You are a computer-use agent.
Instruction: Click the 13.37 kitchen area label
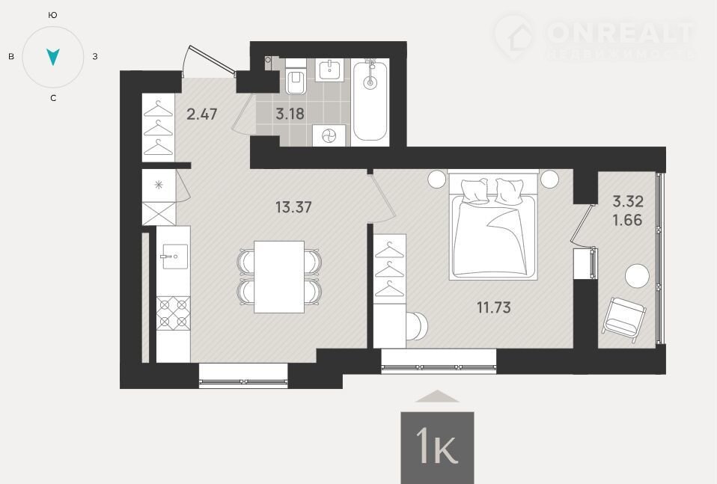293,207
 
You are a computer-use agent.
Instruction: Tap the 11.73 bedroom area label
494,307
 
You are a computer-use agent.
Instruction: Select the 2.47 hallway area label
201,114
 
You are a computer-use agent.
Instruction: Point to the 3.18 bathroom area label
290,114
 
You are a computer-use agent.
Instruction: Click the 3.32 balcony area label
628,201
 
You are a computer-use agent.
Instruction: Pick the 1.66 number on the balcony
627,220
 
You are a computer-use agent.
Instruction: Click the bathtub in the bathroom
370,100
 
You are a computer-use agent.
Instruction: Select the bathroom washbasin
329,70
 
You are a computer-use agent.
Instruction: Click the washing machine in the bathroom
329,135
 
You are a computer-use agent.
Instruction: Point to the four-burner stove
174,313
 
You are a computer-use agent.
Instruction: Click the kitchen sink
174,257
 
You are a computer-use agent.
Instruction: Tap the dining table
279,277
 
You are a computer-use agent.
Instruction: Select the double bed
493,225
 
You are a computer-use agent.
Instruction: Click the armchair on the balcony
624,319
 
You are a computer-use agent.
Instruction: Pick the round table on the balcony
637,276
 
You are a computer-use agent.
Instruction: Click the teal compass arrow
53,57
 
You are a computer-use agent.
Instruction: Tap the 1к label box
437,447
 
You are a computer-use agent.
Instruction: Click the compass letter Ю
52,15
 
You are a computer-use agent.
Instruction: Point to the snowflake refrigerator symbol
159,185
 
